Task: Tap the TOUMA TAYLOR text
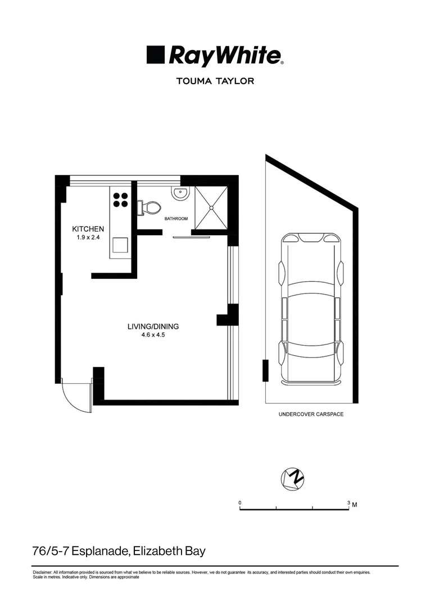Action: [x=215, y=81]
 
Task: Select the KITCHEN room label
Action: [x=88, y=229]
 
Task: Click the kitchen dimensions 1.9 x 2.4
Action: [x=88, y=238]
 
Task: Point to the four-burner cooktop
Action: [x=121, y=200]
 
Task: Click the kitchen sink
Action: [x=120, y=246]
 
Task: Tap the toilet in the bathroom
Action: [x=149, y=208]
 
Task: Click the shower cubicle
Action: [x=211, y=207]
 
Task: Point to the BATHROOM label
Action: [x=176, y=218]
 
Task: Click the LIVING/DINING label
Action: [x=153, y=326]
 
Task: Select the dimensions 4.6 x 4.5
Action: [x=153, y=335]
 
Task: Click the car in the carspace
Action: [x=311, y=309]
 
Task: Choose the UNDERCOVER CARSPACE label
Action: [x=311, y=415]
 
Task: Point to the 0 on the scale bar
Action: [x=240, y=502]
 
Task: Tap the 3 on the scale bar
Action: [x=348, y=502]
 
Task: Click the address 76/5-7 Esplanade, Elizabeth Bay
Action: [x=119, y=551]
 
